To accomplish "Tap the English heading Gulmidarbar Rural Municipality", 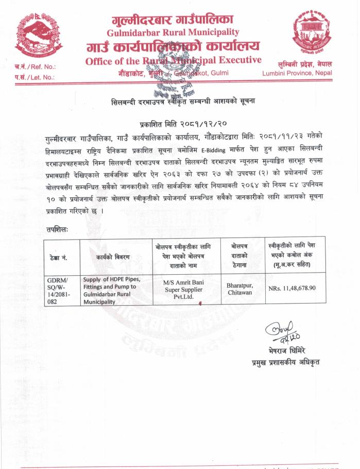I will pyautogui.click(x=172, y=33).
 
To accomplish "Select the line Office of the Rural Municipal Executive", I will pyautogui.click(x=173, y=61).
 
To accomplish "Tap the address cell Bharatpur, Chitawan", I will pyautogui.click(x=239, y=289).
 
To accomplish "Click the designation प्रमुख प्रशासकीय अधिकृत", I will pyautogui.click(x=282, y=362).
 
